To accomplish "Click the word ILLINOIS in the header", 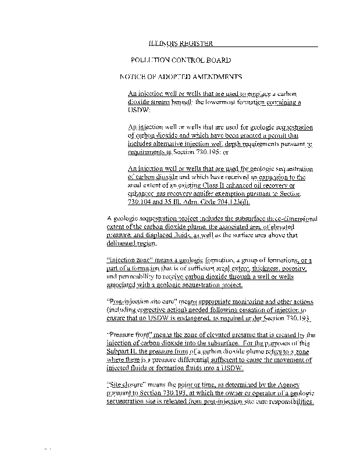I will (x=163, y=43).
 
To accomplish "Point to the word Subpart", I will (x=120, y=352).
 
